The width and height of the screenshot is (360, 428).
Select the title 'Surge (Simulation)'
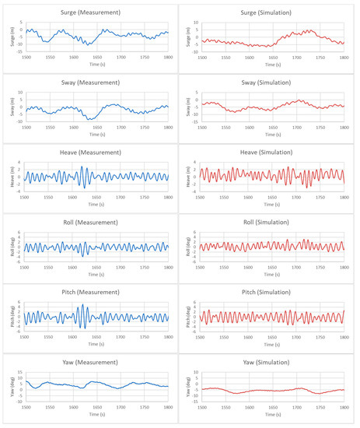point(271,13)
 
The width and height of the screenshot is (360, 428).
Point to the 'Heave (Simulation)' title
point(271,156)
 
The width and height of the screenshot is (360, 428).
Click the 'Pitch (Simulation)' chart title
point(271,297)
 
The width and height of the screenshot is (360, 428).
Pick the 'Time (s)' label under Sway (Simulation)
point(271,135)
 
